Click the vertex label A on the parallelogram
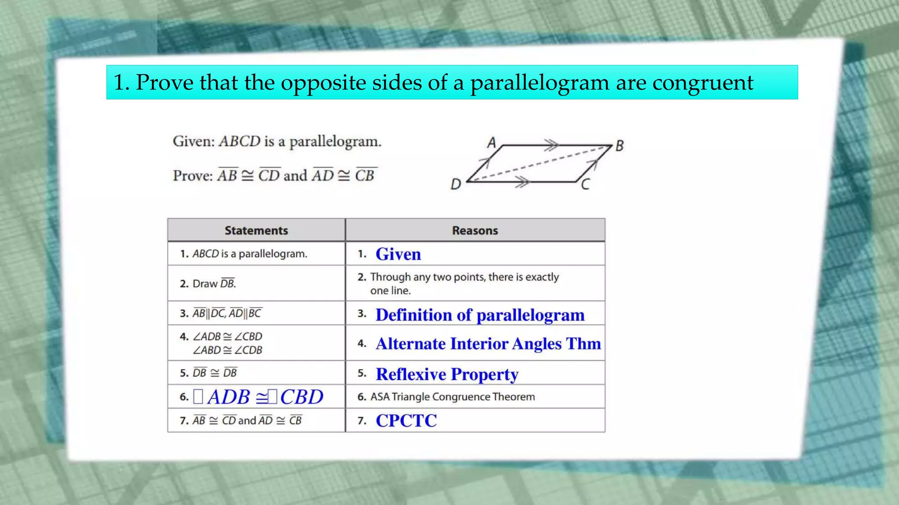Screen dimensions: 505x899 pyautogui.click(x=492, y=142)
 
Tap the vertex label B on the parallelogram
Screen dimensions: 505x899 pyautogui.click(x=619, y=146)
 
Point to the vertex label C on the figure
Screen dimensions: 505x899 pyautogui.click(x=585, y=185)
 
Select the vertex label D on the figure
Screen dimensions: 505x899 pyautogui.click(x=456, y=184)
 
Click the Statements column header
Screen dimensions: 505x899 pyautogui.click(x=256, y=231)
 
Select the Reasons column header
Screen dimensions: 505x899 pyautogui.click(x=475, y=231)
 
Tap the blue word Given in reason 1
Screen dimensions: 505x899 pyautogui.click(x=398, y=254)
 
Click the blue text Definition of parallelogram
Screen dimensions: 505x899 pyautogui.click(x=480, y=315)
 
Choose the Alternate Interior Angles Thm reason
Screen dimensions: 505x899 pyautogui.click(x=488, y=344)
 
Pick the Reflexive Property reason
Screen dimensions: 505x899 pyautogui.click(x=447, y=374)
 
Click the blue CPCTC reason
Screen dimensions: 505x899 pyautogui.click(x=406, y=421)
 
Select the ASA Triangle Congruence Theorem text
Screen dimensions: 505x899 pyautogui.click(x=452, y=397)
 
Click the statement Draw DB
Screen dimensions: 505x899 pyautogui.click(x=214, y=284)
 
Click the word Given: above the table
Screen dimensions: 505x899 pyautogui.click(x=194, y=141)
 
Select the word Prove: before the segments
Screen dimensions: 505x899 pyautogui.click(x=193, y=175)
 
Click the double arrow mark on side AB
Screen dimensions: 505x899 pyautogui.click(x=551, y=145)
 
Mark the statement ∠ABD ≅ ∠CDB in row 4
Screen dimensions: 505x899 pyautogui.click(x=227, y=350)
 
